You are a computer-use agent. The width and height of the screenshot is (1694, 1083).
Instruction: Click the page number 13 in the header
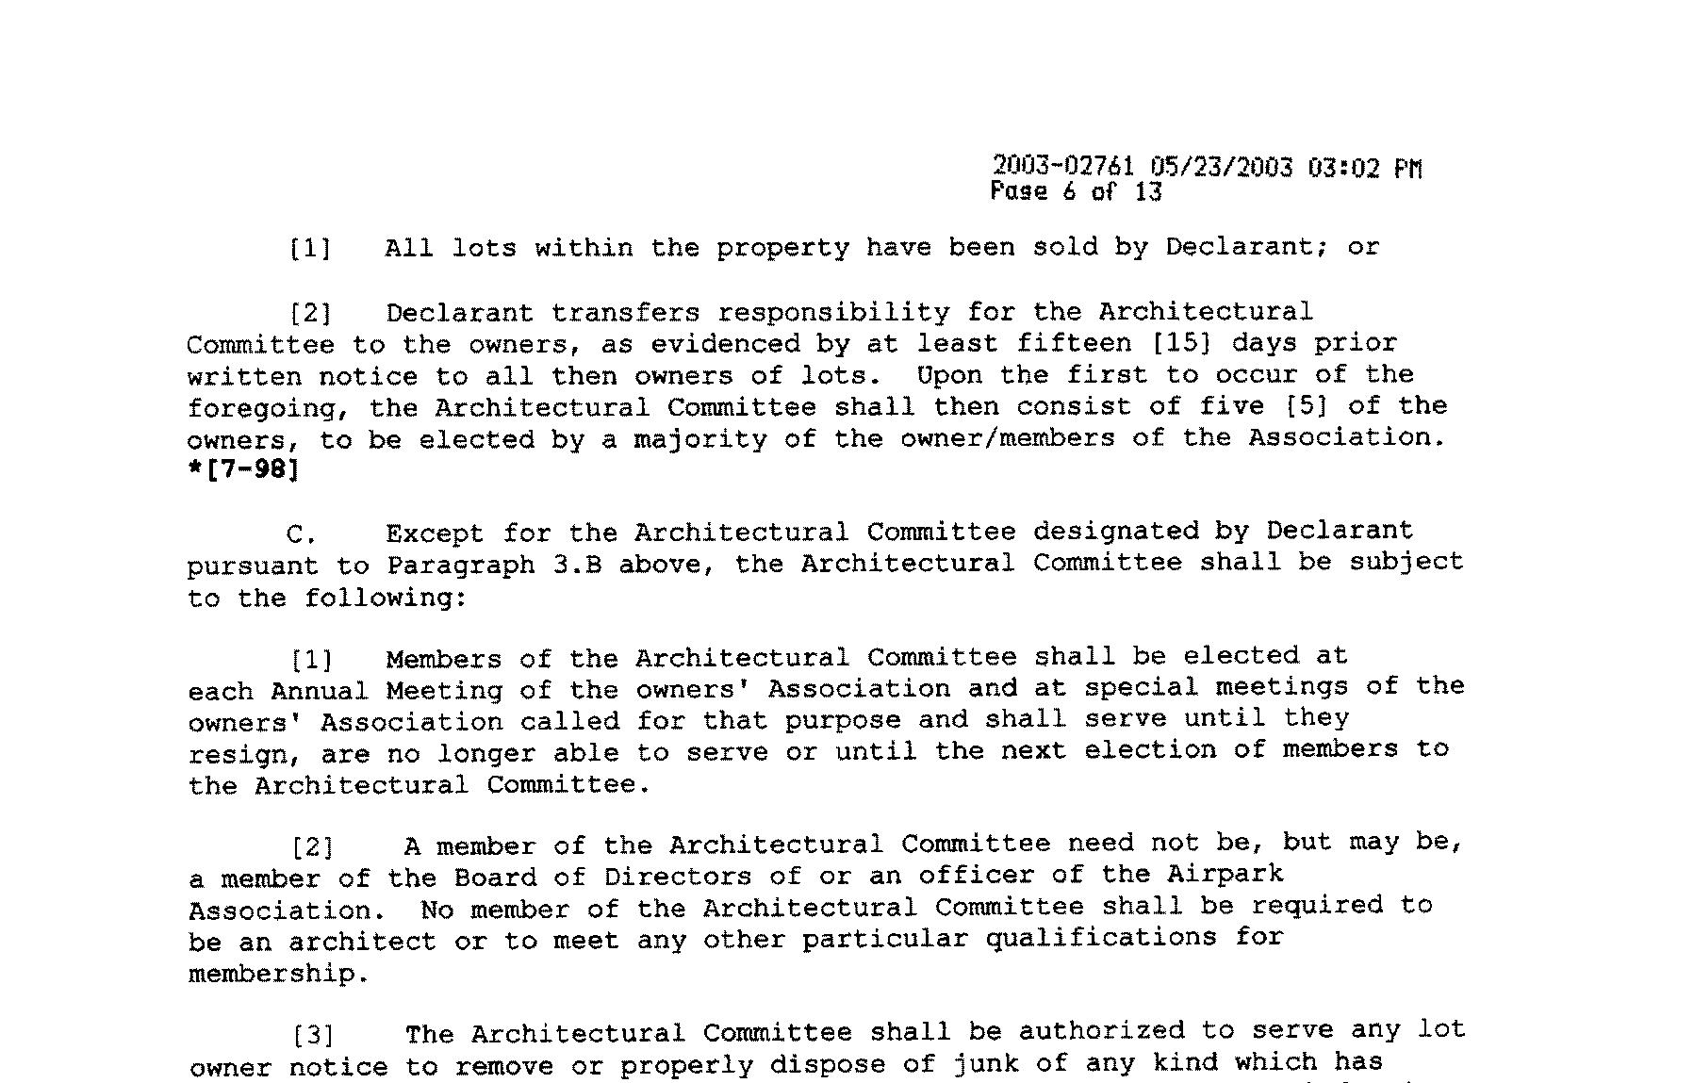1149,192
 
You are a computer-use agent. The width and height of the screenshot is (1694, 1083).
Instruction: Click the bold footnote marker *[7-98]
244,468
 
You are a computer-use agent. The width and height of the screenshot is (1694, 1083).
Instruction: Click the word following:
386,599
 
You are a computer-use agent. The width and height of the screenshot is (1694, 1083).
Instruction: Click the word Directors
678,877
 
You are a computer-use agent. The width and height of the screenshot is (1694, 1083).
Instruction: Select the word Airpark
1225,874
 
